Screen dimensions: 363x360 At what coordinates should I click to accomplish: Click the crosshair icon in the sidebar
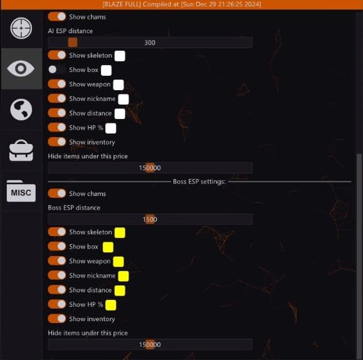click(x=21, y=28)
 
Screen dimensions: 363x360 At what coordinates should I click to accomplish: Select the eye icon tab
click(x=21, y=68)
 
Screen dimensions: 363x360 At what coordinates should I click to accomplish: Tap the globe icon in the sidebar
click(x=21, y=110)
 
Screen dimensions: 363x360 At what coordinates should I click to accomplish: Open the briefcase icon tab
click(x=21, y=150)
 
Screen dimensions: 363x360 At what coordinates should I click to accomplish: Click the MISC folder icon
click(x=21, y=191)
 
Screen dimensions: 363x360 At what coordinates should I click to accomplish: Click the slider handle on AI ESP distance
click(x=73, y=43)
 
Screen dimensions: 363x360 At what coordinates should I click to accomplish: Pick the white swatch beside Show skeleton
click(x=120, y=56)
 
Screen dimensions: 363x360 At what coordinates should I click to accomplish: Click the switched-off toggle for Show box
click(x=56, y=69)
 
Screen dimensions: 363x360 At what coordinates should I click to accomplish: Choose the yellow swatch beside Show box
click(x=108, y=247)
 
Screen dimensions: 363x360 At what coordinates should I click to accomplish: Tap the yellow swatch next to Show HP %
click(x=111, y=305)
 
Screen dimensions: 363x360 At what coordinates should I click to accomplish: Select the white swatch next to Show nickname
click(x=124, y=100)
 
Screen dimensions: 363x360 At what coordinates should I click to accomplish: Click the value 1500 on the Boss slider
click(x=150, y=219)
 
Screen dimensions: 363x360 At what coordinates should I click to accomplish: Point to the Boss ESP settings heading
click(x=199, y=182)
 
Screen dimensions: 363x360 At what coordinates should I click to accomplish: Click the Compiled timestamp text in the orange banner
click(x=202, y=4)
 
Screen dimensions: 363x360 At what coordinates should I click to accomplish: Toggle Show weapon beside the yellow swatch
click(x=56, y=261)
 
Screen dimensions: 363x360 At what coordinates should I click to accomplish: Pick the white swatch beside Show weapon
click(x=118, y=85)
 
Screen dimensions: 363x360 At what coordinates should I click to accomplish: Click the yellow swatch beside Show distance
click(x=120, y=291)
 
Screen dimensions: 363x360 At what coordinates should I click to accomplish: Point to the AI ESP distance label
click(x=70, y=31)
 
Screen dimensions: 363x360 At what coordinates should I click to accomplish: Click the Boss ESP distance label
click(x=74, y=208)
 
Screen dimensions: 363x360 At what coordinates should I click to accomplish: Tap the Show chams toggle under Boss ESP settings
click(x=56, y=193)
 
